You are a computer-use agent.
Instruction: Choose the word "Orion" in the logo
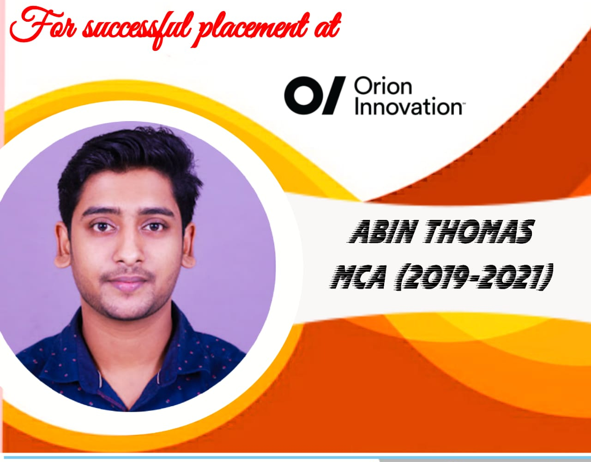pyautogui.click(x=383, y=87)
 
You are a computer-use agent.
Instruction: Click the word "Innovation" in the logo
pyautogui.click(x=408, y=106)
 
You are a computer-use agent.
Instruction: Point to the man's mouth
pyautogui.click(x=128, y=281)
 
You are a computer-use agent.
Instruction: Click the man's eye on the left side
pyautogui.click(x=102, y=227)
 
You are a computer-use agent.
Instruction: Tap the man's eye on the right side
pyautogui.click(x=154, y=227)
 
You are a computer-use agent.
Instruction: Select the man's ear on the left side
pyautogui.click(x=62, y=245)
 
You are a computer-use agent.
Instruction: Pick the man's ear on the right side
pyautogui.click(x=189, y=245)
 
